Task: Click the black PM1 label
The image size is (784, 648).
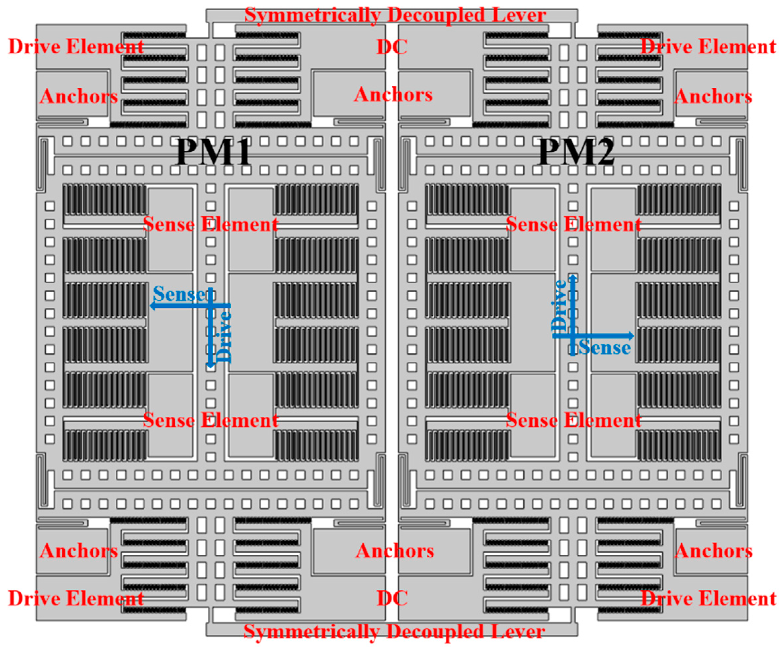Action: click(x=214, y=152)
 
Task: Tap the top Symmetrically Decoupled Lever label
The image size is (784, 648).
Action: click(x=395, y=15)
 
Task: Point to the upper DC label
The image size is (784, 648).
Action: click(x=392, y=47)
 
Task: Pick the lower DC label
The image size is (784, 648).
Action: click(x=392, y=598)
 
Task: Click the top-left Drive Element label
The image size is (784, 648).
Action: click(x=76, y=47)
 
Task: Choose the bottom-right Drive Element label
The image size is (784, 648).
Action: click(x=708, y=598)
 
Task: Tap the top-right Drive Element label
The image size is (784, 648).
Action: click(x=708, y=47)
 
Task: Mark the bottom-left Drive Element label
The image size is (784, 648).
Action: click(x=76, y=598)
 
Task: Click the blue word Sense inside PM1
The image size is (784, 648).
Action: click(x=179, y=294)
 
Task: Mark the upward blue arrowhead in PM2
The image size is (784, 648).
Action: click(x=573, y=277)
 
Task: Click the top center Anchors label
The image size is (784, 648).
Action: click(x=393, y=94)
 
